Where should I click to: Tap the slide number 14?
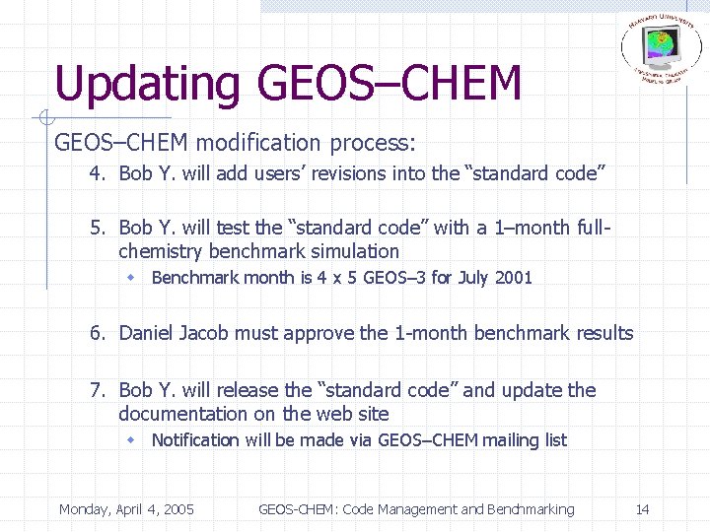point(642,509)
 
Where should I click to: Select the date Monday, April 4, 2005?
point(126,509)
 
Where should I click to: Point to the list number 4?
point(96,174)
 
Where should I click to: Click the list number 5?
point(96,228)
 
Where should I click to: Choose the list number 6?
point(96,333)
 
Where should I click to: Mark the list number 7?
point(96,390)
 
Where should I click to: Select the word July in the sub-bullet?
point(472,278)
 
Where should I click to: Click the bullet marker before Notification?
point(130,440)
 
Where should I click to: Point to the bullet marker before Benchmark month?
point(130,278)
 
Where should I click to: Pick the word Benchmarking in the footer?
point(530,509)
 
